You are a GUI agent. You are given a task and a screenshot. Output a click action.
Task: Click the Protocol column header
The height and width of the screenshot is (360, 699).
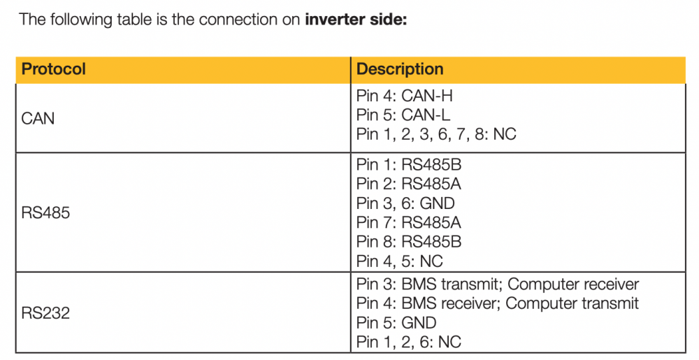click(x=54, y=69)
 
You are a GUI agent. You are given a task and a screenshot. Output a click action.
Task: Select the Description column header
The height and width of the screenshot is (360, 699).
click(x=400, y=69)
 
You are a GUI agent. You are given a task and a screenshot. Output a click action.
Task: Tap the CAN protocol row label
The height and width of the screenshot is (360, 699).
click(x=38, y=119)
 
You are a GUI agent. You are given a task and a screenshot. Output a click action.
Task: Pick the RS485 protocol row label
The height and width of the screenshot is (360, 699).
click(x=45, y=213)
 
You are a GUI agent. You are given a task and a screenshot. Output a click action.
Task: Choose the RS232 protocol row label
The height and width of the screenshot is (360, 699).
click(x=45, y=312)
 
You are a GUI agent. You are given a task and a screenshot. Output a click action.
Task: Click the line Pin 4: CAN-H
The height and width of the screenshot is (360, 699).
click(x=404, y=96)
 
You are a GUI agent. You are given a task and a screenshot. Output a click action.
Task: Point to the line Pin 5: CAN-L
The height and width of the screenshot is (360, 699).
click(x=403, y=115)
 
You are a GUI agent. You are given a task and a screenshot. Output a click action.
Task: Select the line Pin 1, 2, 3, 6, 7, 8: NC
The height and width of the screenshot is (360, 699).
click(x=436, y=134)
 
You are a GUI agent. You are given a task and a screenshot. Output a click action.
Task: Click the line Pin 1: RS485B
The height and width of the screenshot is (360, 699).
click(x=409, y=165)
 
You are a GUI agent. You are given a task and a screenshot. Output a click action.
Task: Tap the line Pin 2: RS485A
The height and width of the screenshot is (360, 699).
click(x=409, y=184)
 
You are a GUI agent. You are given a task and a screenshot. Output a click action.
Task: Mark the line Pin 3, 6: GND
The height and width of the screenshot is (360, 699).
click(x=405, y=203)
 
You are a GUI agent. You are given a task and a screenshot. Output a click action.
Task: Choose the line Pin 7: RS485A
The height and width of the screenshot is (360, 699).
click(x=409, y=222)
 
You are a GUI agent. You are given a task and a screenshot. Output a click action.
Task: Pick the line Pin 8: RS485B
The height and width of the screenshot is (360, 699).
click(x=409, y=241)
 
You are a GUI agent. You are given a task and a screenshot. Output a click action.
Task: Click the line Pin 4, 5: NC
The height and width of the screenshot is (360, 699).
click(x=399, y=261)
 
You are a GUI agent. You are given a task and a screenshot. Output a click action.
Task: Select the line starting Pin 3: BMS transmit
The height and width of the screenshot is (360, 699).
click(x=498, y=285)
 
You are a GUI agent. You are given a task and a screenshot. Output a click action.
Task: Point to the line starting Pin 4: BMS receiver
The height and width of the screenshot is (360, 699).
click(x=498, y=303)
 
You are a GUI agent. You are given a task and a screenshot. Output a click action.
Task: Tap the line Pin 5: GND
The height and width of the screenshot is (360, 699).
click(x=396, y=322)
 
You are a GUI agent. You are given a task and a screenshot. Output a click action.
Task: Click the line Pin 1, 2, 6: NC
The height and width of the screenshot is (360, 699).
click(x=409, y=342)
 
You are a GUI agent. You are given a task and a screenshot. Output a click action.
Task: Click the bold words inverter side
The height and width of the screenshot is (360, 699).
click(x=356, y=20)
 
